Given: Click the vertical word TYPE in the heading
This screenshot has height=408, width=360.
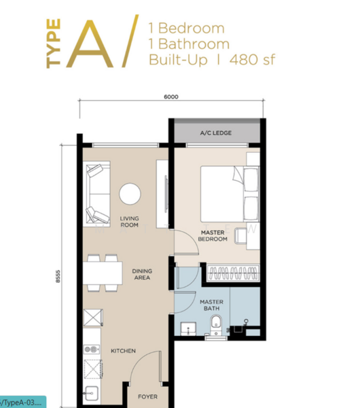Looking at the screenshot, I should [x=54, y=44].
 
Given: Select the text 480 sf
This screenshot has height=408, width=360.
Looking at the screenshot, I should [x=253, y=59].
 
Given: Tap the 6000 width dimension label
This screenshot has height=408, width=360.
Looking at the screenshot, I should [x=171, y=97].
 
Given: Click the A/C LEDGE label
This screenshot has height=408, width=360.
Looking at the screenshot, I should [x=216, y=133].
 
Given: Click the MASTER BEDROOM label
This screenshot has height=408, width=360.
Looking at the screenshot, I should [x=213, y=235].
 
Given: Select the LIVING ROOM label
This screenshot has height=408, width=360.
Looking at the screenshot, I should [x=130, y=222].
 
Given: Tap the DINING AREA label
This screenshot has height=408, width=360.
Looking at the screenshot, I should [x=142, y=274].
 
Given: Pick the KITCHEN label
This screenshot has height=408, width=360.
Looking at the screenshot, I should [x=124, y=351].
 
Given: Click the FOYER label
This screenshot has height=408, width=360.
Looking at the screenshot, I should [x=147, y=396].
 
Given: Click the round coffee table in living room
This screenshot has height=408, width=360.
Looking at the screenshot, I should [x=130, y=194].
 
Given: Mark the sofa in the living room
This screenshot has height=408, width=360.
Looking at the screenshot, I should [x=96, y=194].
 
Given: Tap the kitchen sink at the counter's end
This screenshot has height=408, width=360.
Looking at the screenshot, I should [x=91, y=394].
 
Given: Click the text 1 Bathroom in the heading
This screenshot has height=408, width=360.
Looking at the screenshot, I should [x=187, y=44].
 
